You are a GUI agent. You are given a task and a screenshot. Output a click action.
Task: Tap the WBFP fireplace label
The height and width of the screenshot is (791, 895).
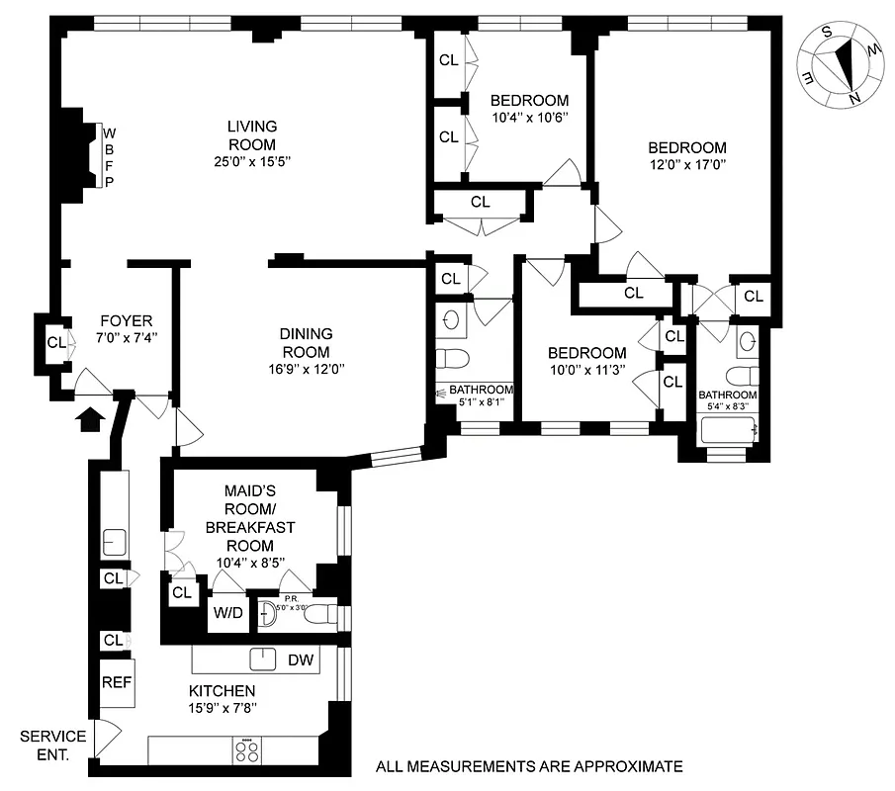(x=110, y=156)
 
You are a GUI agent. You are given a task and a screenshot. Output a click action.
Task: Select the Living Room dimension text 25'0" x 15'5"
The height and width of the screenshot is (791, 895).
(x=251, y=162)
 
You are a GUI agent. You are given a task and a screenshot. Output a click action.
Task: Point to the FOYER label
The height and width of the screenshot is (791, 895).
(x=126, y=320)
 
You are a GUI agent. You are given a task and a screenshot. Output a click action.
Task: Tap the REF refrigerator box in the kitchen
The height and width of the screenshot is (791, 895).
(x=117, y=681)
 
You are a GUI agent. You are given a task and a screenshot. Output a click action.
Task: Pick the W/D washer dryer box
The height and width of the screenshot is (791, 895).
(x=226, y=612)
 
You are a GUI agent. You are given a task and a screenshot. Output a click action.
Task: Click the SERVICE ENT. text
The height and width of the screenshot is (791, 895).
(x=52, y=745)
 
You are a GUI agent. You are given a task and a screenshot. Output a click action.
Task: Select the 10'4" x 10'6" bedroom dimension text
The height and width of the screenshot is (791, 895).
(x=529, y=118)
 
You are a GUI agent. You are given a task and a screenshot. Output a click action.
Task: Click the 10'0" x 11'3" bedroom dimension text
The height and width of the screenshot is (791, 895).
(x=586, y=371)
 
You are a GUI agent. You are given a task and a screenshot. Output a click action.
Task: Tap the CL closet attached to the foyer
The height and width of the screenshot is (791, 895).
(x=56, y=343)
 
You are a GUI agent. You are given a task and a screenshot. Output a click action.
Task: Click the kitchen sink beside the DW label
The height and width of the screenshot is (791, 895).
(x=263, y=659)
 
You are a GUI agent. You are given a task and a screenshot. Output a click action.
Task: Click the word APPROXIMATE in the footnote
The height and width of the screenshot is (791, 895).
(x=627, y=766)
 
